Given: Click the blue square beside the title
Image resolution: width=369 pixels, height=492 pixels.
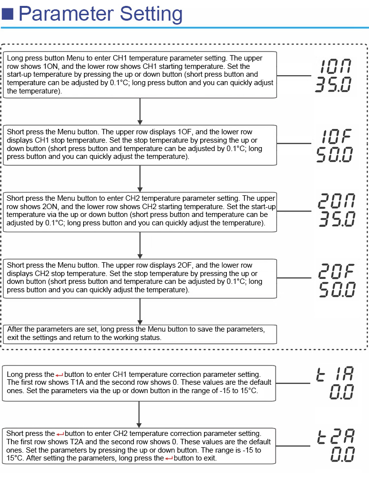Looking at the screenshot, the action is [7, 14].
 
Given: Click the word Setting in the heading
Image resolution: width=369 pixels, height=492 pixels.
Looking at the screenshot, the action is [151, 15].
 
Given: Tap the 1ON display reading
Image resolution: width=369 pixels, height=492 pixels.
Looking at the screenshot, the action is [336, 66].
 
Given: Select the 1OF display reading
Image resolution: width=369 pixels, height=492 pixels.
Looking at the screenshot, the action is [336, 136].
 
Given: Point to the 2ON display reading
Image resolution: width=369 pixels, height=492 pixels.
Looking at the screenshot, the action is [337, 201].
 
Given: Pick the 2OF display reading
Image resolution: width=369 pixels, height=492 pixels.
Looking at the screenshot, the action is [337, 271].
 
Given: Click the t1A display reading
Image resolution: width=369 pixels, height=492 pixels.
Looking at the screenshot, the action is [335, 374].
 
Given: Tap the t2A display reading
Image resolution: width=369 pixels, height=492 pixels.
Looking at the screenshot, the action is [336, 436].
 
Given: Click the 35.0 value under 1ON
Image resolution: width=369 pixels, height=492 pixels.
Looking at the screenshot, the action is [333, 85].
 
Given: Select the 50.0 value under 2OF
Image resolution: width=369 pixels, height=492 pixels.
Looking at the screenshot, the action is [337, 289].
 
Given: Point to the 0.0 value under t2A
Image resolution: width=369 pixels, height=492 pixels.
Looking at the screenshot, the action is [342, 454].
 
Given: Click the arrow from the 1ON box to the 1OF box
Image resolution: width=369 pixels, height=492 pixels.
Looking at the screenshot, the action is [140, 111].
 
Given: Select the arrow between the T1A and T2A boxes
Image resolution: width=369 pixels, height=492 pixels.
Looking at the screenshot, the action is [139, 414].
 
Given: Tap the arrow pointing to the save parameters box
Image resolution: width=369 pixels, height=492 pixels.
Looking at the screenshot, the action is [140, 311].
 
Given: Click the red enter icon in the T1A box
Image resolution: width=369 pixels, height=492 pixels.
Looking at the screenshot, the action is [60, 375].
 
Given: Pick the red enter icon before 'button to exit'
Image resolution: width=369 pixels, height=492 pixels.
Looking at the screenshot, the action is [169, 459].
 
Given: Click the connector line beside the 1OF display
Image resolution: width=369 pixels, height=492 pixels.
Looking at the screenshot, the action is [294, 143].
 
